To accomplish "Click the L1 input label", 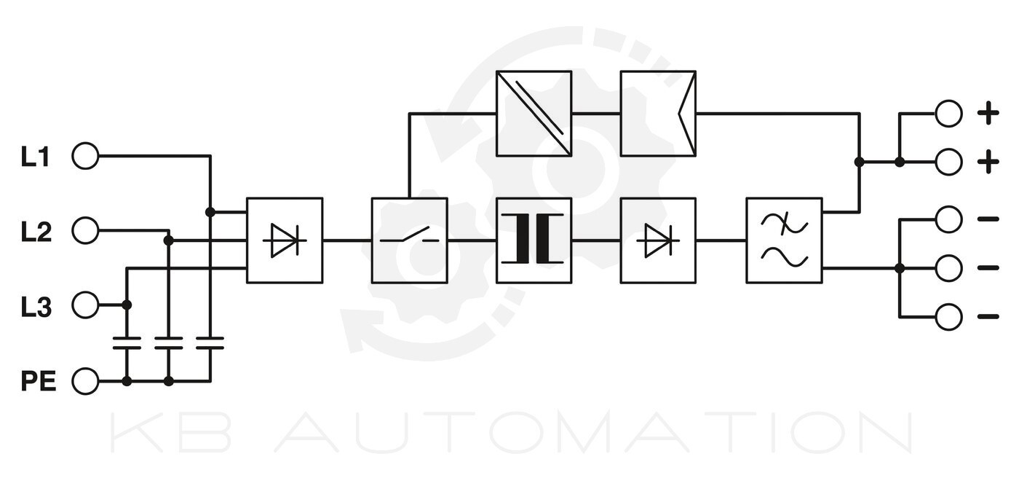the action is point(35,157).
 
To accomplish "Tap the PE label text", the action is point(38,381).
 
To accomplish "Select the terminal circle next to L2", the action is point(85,231).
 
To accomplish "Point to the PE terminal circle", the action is point(85,381).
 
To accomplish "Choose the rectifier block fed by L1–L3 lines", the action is point(285,240).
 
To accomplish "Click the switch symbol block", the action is point(409,240).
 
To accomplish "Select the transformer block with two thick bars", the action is point(534,240).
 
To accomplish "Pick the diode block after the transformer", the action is point(658,240).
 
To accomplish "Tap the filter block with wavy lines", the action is point(784,240).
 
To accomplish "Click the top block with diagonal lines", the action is point(534,113).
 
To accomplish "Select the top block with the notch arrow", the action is point(658,113).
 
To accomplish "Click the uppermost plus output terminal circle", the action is point(948,114).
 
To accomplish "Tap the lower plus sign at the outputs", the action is point(988,162).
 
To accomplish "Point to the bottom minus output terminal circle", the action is point(948,317).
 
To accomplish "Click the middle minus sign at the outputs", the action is point(988,268).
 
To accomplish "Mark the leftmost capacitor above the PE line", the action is point(127,344).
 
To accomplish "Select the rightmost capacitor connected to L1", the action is point(210,344).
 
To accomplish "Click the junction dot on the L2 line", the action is point(169,240).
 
